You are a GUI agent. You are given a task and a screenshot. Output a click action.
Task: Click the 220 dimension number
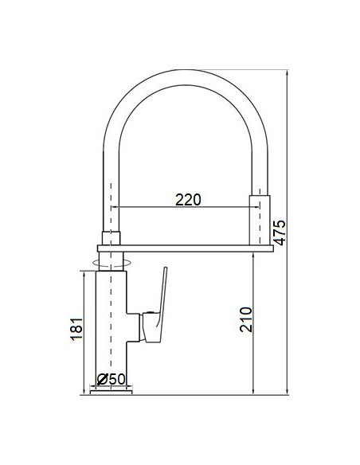188,199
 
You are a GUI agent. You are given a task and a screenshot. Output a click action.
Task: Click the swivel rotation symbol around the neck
111,260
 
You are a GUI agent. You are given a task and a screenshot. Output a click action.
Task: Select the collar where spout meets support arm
111,236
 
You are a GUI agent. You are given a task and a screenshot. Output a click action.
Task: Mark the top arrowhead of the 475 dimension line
287,71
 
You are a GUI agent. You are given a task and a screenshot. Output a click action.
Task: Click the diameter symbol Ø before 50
101,378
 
